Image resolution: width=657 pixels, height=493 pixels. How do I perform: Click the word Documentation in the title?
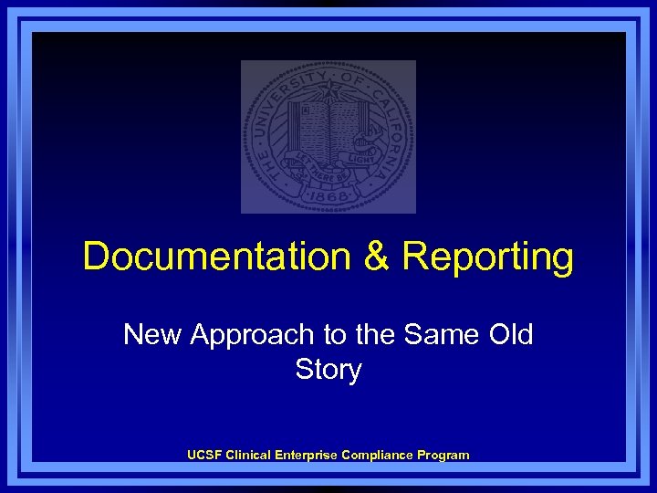point(215,257)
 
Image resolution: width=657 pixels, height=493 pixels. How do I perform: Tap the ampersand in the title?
point(376,257)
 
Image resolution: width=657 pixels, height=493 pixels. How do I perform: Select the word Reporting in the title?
point(488,258)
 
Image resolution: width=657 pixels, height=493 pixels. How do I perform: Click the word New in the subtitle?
point(152,334)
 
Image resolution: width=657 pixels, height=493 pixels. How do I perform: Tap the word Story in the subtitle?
point(328,371)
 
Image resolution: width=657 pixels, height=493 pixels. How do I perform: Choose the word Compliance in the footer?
point(376,455)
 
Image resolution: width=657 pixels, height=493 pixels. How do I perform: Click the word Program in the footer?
point(442,455)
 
